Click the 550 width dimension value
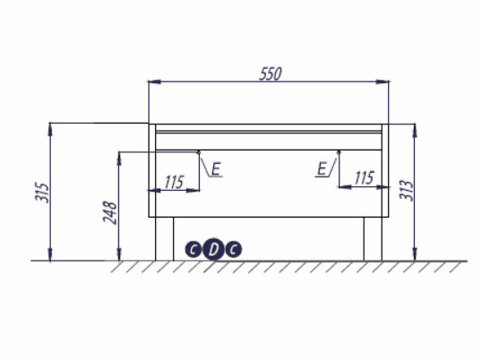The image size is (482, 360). [271, 74]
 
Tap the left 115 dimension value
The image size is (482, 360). [175, 182]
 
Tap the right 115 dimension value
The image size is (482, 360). [363, 178]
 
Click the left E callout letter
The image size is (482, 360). [217, 167]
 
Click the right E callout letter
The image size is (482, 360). [321, 167]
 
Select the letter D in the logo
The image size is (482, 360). [212, 250]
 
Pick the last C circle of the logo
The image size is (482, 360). [232, 250]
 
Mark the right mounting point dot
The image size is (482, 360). [339, 152]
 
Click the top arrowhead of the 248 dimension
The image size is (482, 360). [118, 158]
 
